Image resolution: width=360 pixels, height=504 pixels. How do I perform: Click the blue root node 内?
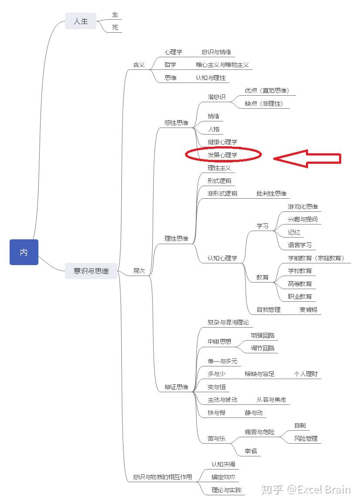(24, 252)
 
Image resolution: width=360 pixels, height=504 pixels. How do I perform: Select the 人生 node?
(81, 21)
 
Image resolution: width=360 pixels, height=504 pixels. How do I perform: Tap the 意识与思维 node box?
(91, 271)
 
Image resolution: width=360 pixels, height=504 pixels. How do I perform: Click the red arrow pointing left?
(307, 159)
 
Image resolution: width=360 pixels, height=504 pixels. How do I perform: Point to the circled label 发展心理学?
(223, 155)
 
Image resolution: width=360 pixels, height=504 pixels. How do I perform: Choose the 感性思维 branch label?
(176, 123)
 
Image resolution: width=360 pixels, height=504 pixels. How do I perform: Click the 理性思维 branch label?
(176, 238)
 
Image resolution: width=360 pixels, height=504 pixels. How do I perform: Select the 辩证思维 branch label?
(176, 387)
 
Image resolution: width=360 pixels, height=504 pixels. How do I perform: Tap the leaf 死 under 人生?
(115, 27)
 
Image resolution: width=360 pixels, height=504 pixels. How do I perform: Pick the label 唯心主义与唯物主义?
(223, 65)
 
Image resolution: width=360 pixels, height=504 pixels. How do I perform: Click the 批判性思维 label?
(271, 193)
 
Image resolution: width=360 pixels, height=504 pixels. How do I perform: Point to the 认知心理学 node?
(223, 258)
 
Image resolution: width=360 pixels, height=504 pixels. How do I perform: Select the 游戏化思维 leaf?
(303, 207)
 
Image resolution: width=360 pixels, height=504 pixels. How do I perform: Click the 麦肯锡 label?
(309, 310)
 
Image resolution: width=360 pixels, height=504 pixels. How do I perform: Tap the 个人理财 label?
(306, 374)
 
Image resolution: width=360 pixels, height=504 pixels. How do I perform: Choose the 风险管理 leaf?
(306, 438)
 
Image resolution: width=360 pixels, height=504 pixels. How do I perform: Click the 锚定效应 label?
(223, 477)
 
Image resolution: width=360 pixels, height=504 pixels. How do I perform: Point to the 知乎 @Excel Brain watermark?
(306, 490)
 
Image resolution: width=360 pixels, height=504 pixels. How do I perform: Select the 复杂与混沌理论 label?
(228, 322)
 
